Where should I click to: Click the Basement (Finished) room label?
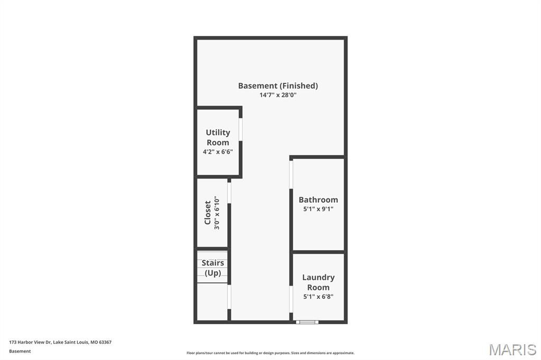click(278, 86)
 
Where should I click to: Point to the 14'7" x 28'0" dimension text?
click(278, 95)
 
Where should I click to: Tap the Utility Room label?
click(218, 137)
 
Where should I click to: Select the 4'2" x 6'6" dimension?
click(218, 151)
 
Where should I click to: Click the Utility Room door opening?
click(240, 129)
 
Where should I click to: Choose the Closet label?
click(207, 213)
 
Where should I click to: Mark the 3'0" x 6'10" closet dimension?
click(217, 213)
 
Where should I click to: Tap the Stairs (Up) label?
click(212, 268)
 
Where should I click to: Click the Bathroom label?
click(318, 200)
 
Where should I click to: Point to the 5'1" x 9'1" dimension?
click(318, 209)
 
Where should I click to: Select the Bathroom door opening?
click(291, 175)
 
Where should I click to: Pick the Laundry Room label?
click(318, 282)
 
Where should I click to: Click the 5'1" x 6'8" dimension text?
click(318, 297)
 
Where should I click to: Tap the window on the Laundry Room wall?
click(307, 322)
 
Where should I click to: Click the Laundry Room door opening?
click(291, 299)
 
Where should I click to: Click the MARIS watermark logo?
click(512, 349)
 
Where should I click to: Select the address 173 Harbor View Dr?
click(30, 342)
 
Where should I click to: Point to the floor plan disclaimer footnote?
click(270, 353)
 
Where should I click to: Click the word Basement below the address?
click(20, 351)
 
